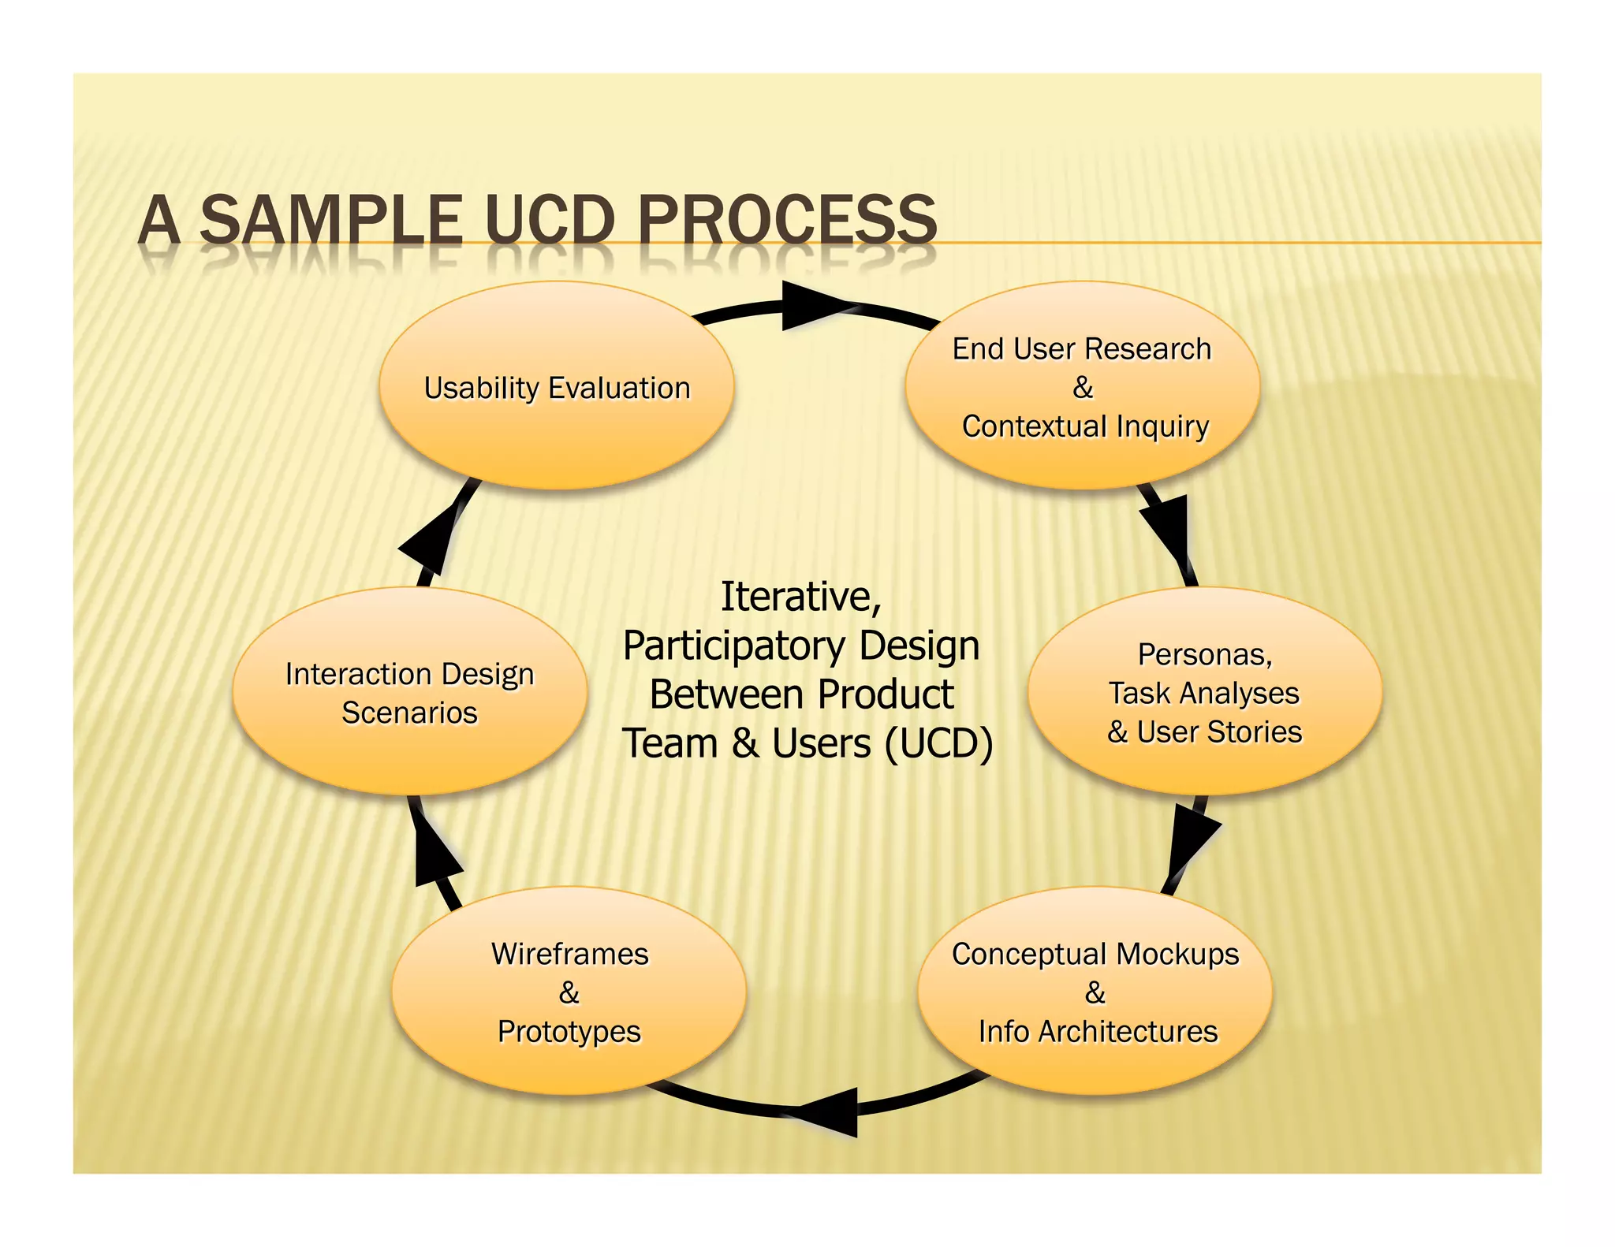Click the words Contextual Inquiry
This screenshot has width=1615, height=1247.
click(x=1085, y=426)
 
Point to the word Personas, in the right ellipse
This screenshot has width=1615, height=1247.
click(x=1204, y=654)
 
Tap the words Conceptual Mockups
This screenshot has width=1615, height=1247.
click(x=1095, y=954)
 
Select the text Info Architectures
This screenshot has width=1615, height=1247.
click(x=1098, y=1031)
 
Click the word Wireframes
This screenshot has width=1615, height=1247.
click(x=569, y=954)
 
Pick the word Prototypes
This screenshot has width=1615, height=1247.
click(x=569, y=1031)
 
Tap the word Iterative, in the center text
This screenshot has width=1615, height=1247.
click(x=800, y=597)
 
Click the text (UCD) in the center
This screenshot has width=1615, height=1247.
click(x=938, y=743)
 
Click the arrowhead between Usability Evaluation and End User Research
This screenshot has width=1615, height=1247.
click(x=812, y=306)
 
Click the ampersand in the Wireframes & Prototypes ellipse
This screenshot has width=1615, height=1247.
click(x=569, y=992)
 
